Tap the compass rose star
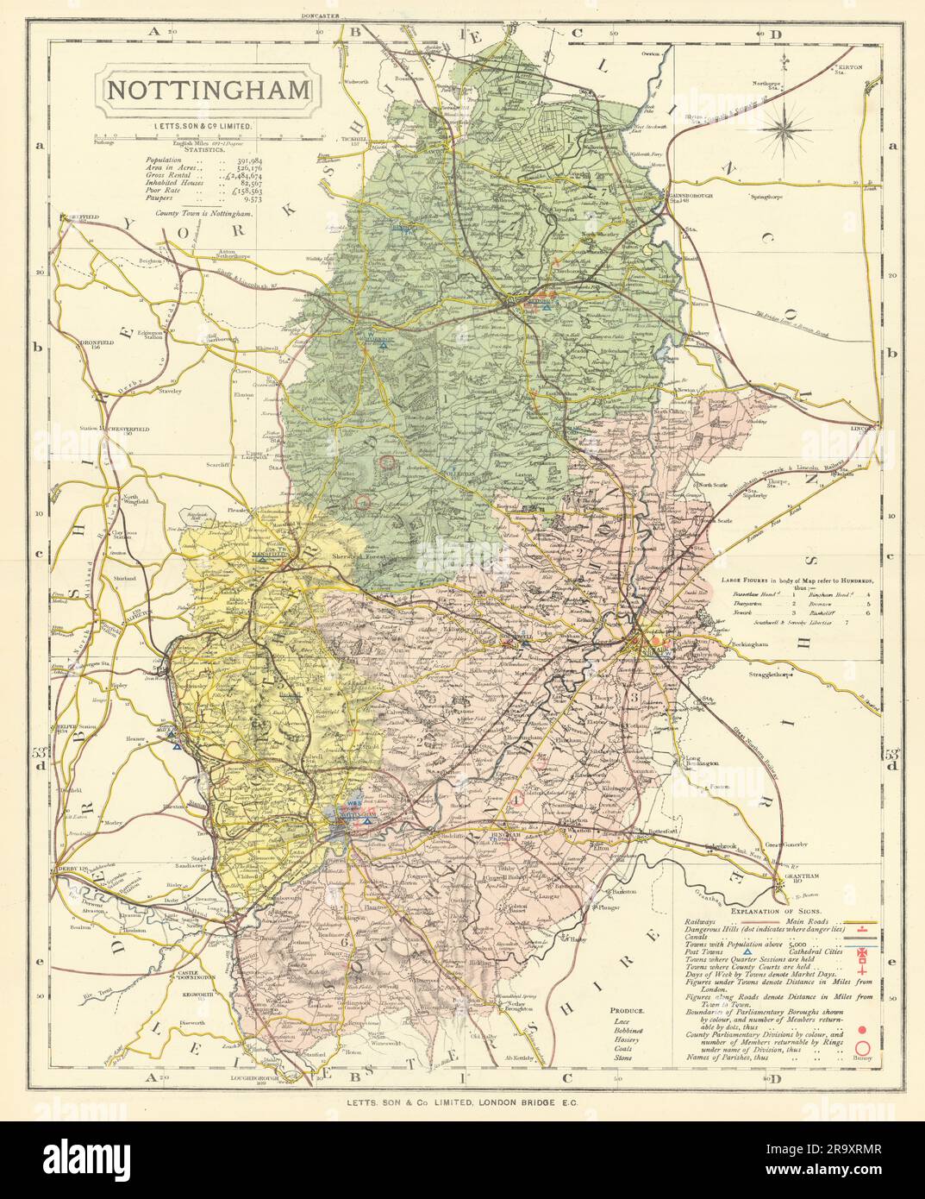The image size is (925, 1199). [784, 130]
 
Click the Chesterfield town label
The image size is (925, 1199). [127, 428]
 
